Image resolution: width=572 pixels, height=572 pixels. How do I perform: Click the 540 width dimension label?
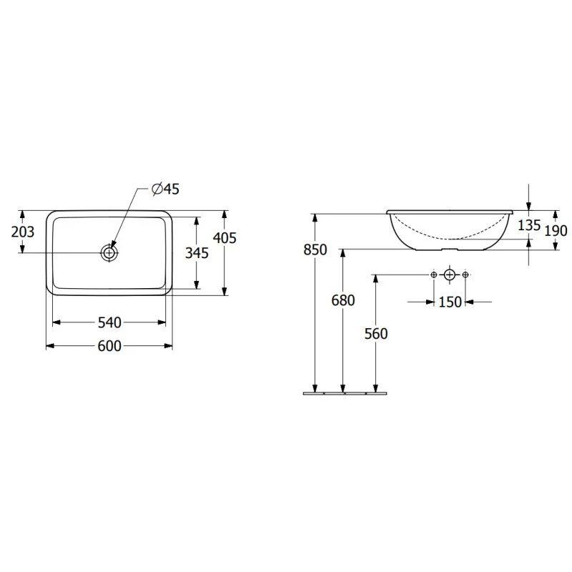coord(109,322)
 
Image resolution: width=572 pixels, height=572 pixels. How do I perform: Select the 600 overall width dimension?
coord(109,346)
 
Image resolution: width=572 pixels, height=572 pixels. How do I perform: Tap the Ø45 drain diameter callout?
coord(166,189)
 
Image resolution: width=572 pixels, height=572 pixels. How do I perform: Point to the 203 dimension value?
coord(23,232)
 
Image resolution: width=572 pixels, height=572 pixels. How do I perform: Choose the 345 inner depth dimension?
coord(197,253)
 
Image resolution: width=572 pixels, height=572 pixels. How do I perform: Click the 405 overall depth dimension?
coord(225,238)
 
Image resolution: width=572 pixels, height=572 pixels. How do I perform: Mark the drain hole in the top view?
coord(109,252)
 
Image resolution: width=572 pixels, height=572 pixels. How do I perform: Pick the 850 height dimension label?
coord(315,250)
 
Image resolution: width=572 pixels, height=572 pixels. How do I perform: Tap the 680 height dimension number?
coord(343,300)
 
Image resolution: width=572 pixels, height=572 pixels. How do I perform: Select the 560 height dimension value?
coord(376,334)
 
